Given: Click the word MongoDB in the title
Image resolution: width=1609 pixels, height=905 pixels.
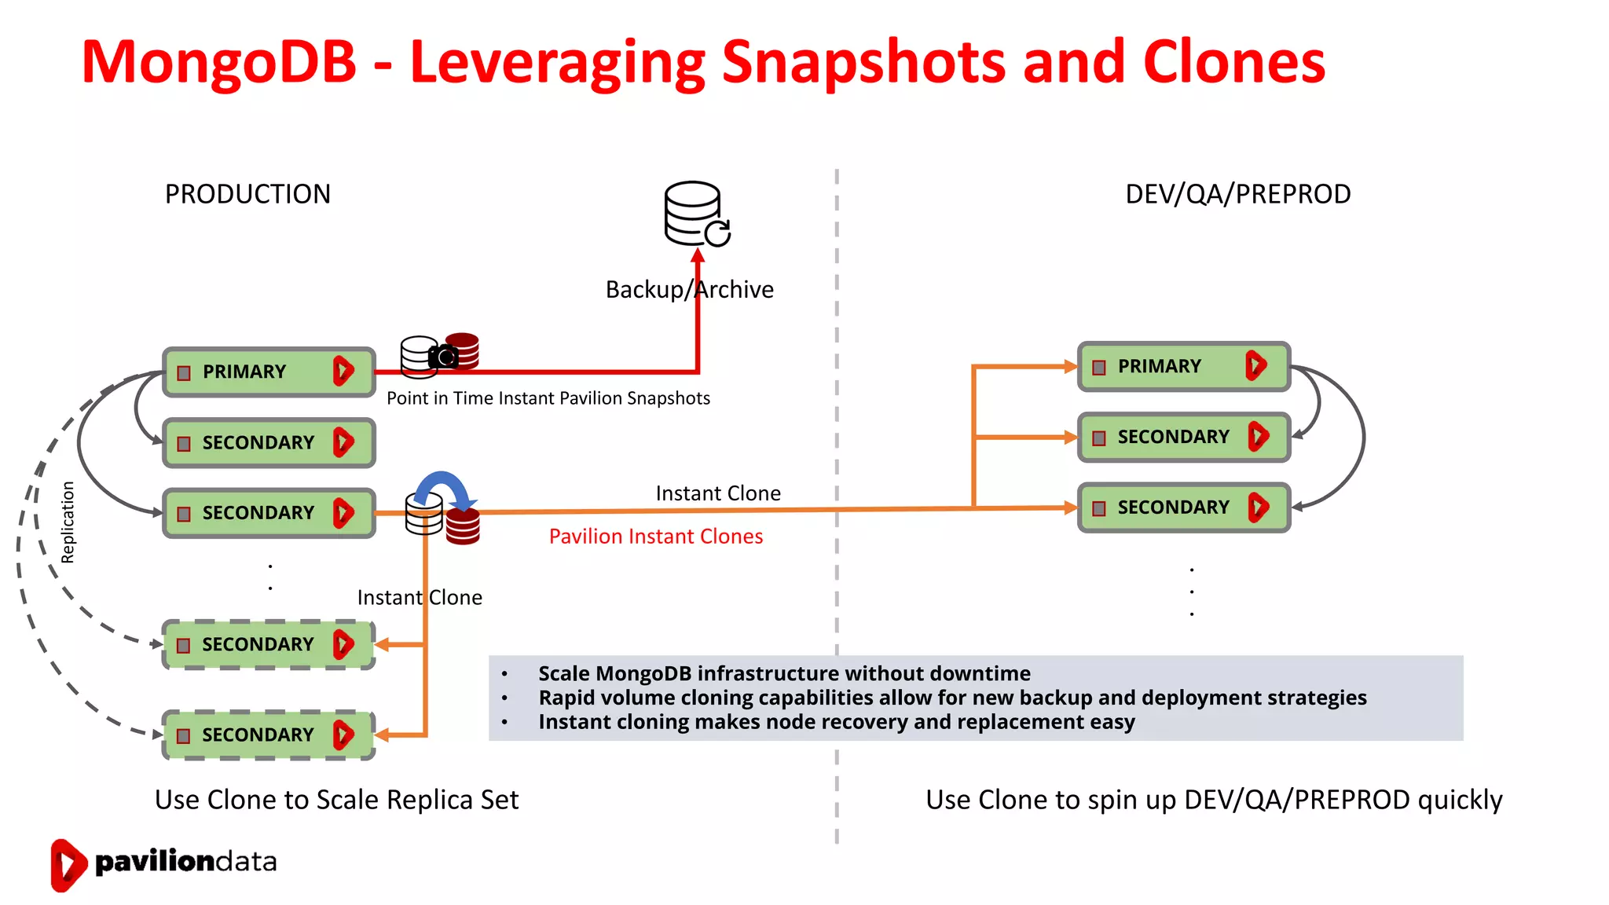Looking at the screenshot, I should pos(219,63).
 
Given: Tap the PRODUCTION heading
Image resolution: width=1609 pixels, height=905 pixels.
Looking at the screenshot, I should pos(247,194).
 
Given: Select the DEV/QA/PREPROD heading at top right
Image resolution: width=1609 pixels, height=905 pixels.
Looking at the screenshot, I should pos(1237,194).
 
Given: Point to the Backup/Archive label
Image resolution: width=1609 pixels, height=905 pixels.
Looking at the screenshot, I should pos(689,290).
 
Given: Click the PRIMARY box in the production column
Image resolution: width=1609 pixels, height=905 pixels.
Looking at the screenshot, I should pos(268,372).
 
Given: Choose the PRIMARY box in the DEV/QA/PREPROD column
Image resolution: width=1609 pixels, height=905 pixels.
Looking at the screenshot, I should pos(1183,366).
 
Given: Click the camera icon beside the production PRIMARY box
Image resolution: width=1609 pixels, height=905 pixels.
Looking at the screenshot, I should pos(444,357).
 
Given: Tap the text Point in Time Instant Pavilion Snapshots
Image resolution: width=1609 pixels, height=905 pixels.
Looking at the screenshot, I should pos(548,398).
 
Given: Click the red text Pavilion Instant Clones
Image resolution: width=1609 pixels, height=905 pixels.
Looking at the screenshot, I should pos(655,537).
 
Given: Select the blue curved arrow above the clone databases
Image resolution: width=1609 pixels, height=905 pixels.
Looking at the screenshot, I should pos(442,487).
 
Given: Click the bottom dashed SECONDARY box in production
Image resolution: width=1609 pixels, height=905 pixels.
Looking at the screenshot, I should pos(268,735).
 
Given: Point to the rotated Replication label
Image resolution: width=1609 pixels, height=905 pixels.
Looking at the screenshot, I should pos(68,522).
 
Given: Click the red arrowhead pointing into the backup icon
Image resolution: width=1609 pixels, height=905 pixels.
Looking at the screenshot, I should pos(698,255).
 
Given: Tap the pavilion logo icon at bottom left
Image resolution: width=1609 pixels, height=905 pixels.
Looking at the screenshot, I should pos(68,864).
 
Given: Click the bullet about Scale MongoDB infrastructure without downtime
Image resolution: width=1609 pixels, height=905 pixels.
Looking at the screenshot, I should pos(783,674).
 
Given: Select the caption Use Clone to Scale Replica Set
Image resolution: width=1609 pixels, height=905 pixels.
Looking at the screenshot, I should pos(336,800).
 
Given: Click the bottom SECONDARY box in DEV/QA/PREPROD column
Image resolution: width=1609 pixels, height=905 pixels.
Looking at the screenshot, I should pos(1183,507).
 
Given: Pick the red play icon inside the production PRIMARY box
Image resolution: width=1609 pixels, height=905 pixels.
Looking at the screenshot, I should pos(343,371).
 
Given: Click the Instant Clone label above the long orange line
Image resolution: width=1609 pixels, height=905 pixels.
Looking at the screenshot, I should pos(718,493).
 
